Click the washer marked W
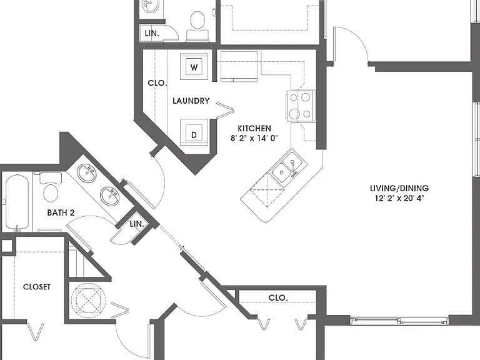tap(194, 67)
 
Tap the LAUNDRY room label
tap(191, 101)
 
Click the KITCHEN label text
tap(254, 128)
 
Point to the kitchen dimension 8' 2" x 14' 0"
tap(254, 138)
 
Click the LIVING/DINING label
tap(399, 188)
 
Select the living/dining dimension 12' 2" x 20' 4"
tap(399, 198)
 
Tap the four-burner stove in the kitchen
tap(301, 106)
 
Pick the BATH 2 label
tap(61, 212)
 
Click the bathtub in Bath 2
tap(17, 202)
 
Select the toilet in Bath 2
tap(51, 187)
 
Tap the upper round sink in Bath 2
tap(87, 173)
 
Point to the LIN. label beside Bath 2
tap(137, 224)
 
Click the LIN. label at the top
tap(152, 33)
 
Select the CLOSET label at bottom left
tap(37, 287)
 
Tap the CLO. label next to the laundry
tap(157, 83)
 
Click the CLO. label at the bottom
tap(278, 297)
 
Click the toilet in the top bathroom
tap(197, 26)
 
